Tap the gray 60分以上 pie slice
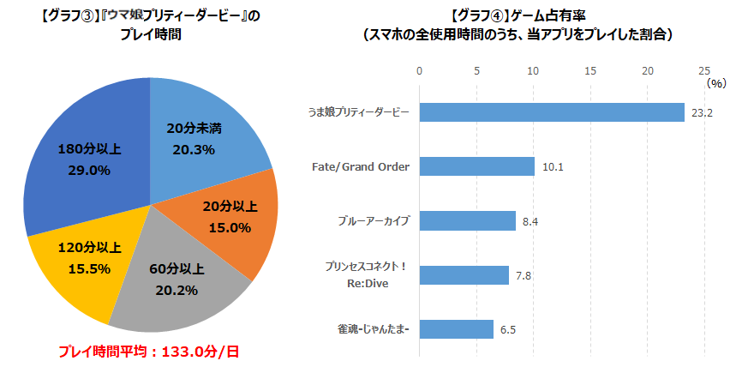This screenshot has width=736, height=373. tap(178, 277)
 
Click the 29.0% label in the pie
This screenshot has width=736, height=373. tap(89, 171)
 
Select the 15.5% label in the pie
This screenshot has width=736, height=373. tap(89, 268)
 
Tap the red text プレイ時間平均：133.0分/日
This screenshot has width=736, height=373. tap(148, 352)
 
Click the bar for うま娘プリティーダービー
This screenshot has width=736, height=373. tap(552, 112)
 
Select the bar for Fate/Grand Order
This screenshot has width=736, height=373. tap(477, 166)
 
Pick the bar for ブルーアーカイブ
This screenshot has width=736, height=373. tap(468, 220)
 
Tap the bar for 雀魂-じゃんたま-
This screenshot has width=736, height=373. tap(456, 329)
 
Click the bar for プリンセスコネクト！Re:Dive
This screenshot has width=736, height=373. tap(464, 274)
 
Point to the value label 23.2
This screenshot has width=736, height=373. tap(702, 112)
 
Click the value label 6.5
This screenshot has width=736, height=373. tap(508, 330)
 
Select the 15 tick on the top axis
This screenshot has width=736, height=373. tap(590, 71)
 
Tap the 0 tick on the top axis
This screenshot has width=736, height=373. tap(419, 71)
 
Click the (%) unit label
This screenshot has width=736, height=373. tap(717, 84)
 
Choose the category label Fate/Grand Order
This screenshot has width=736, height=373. tap(361, 166)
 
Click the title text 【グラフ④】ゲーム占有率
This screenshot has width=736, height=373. tap(518, 16)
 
